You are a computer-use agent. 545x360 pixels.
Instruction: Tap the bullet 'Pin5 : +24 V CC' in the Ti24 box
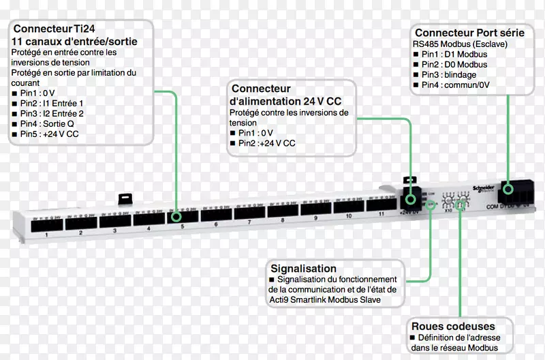(49, 134)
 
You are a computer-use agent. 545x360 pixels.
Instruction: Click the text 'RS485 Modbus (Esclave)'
(460, 44)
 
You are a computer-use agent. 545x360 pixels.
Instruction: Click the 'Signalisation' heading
(303, 269)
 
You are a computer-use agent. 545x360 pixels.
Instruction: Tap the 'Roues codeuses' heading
(452, 326)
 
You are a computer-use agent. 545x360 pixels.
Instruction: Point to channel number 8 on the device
(282, 221)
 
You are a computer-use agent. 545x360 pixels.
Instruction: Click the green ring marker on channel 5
(177, 217)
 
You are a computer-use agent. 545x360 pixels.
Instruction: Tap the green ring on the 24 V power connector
(411, 199)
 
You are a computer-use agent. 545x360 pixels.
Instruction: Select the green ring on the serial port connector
(508, 189)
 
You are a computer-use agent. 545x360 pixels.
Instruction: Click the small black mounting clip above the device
(125, 198)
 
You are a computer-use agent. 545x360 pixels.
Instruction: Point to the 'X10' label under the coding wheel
(449, 210)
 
